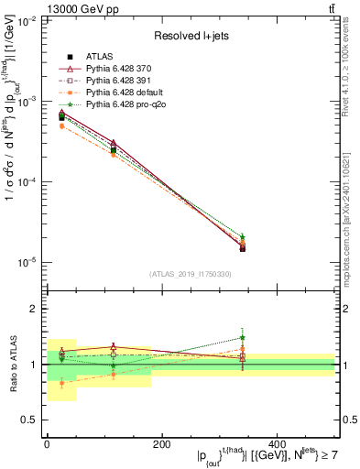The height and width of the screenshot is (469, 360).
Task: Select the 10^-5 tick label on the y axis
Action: point(27,262)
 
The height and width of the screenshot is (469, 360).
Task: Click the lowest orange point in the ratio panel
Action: point(61,383)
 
